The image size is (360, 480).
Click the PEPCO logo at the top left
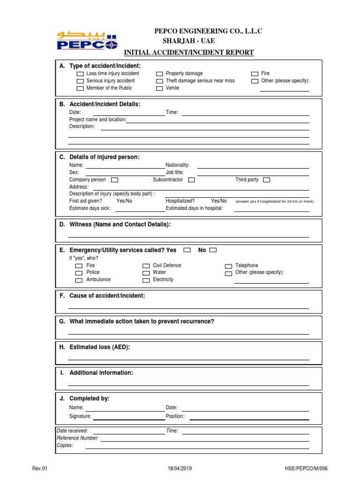pyautogui.click(x=87, y=40)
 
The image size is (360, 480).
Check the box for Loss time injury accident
pyautogui.click(x=80, y=74)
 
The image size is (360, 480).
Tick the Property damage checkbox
pyautogui.click(x=159, y=74)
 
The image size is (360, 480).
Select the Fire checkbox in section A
pyautogui.click(x=255, y=74)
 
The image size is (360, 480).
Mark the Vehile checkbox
pyautogui.click(x=159, y=88)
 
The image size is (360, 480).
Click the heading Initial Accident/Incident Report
pyautogui.click(x=188, y=52)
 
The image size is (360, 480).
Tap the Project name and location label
pyautogui.click(x=97, y=120)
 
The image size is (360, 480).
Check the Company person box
pyautogui.click(x=114, y=180)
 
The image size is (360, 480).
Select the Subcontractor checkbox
pyautogui.click(x=191, y=180)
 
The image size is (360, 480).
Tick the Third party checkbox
pyautogui.click(x=266, y=180)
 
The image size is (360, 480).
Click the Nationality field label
pyautogui.click(x=178, y=165)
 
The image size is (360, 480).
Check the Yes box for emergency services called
pyautogui.click(x=187, y=250)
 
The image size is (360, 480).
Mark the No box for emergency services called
pyautogui.click(x=213, y=250)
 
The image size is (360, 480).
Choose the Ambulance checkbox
pyautogui.click(x=79, y=280)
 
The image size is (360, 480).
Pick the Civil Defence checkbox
pyautogui.click(x=146, y=266)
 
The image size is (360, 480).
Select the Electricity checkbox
pyautogui.click(x=146, y=280)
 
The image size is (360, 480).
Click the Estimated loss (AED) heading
pyautogui.click(x=99, y=347)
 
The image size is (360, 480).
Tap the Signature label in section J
pyautogui.click(x=80, y=416)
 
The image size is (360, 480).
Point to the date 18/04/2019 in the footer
pyautogui.click(x=180, y=468)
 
